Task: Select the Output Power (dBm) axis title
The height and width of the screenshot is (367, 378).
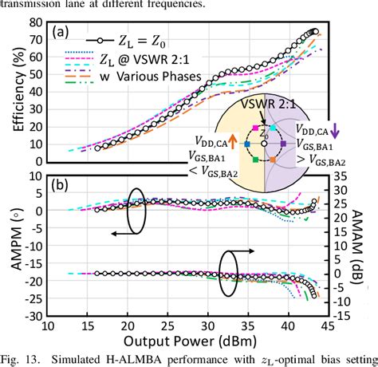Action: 187,341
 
